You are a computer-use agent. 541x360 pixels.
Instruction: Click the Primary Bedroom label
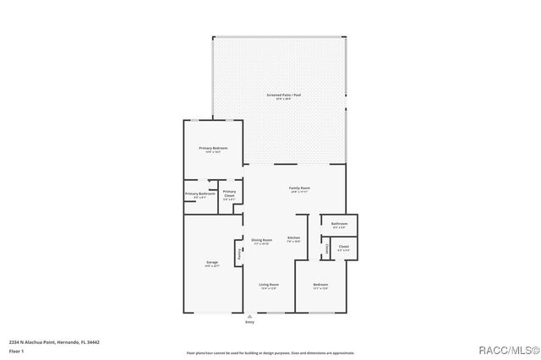(213, 148)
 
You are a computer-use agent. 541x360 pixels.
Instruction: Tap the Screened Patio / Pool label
(284, 95)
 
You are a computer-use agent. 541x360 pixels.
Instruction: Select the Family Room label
(299, 188)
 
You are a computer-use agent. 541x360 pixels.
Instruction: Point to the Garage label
(211, 262)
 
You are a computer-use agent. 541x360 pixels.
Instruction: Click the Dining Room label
(262, 240)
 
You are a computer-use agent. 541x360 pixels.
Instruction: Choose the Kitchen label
(293, 237)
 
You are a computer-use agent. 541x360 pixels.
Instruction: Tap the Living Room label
(269, 285)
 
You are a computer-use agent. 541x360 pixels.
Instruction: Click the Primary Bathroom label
(200, 194)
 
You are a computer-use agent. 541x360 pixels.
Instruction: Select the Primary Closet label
(229, 194)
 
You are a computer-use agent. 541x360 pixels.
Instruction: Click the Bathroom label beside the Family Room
(340, 224)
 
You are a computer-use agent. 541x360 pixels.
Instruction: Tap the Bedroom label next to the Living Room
(320, 285)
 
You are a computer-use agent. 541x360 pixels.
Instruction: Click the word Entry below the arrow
(249, 323)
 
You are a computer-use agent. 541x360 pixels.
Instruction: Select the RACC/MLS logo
(508, 350)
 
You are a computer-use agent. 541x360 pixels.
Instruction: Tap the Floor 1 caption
(17, 351)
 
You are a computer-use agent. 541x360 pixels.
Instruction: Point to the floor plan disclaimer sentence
(270, 352)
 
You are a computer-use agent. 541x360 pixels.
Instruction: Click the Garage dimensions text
(211, 266)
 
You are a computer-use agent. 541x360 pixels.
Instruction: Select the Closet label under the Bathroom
(343, 248)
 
